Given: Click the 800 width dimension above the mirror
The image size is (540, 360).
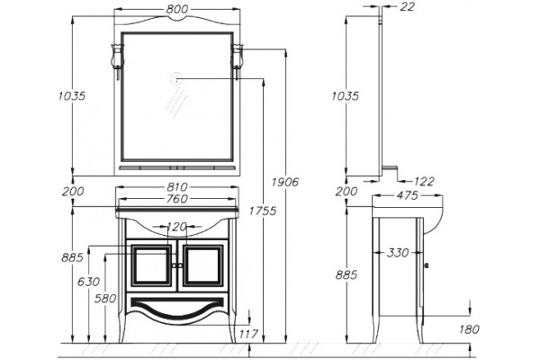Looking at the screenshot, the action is [x=177, y=9].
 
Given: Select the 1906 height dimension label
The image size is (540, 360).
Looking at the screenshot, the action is [x=284, y=182].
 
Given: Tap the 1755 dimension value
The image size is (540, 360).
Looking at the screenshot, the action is [x=263, y=211].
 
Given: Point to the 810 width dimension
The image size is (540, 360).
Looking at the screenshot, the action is [x=177, y=187].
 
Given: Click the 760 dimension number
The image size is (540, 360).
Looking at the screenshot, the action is [x=177, y=199].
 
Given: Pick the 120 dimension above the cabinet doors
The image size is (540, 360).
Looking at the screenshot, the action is [x=177, y=226].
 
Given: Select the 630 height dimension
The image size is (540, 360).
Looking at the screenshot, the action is [x=88, y=282].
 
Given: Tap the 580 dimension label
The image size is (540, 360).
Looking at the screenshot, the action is [x=105, y=298].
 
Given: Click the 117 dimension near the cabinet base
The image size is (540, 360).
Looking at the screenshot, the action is [x=248, y=334].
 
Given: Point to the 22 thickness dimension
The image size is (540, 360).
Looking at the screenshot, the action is [x=407, y=6].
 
